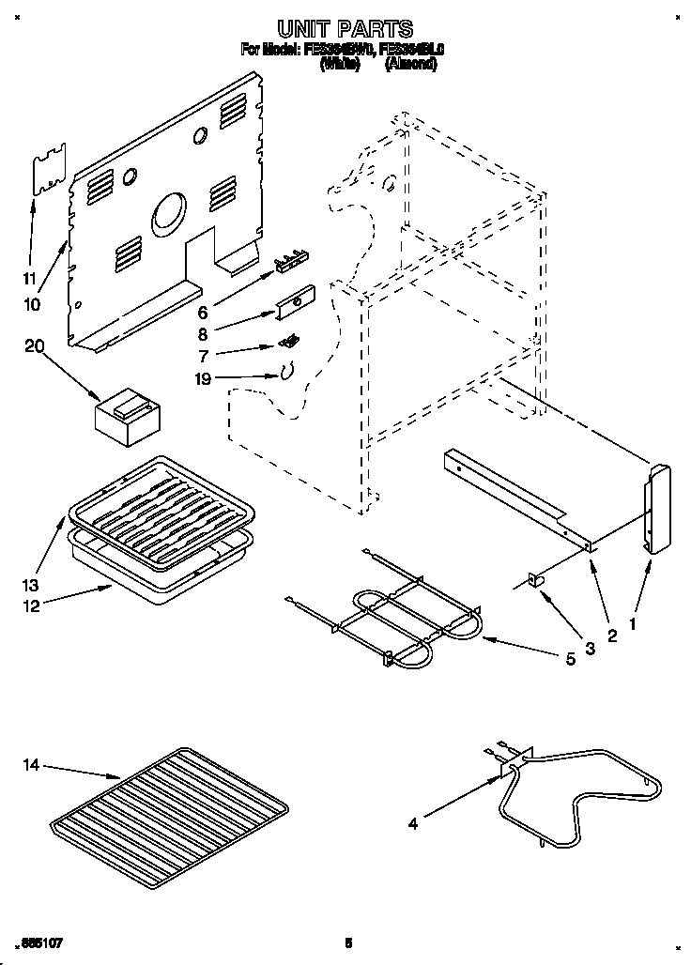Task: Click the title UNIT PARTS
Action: tap(345, 30)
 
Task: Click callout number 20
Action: tap(35, 346)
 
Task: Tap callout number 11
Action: tap(29, 278)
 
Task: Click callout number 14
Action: tap(30, 766)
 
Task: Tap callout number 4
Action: tap(411, 825)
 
